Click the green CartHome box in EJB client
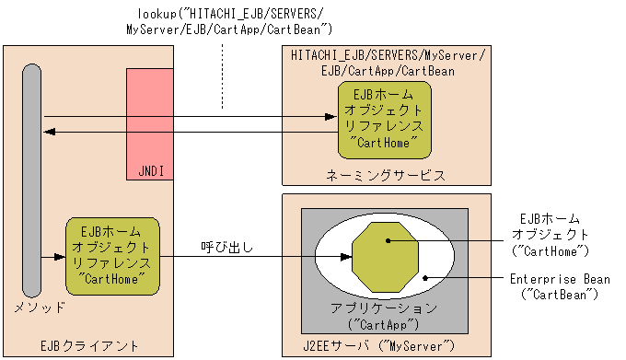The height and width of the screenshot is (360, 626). tap(112, 251)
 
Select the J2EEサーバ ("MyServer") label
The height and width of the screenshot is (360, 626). tap(380, 345)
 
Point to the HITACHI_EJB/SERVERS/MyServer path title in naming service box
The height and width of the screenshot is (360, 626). tap(388, 62)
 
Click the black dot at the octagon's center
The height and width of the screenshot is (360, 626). tap(389, 241)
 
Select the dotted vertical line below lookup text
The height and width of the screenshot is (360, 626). tap(222, 83)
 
